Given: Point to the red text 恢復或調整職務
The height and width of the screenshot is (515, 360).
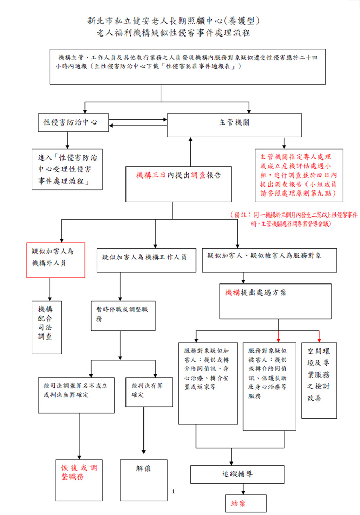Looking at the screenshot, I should coord(79,472).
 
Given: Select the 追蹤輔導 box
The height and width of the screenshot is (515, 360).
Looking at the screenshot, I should coord(230,473).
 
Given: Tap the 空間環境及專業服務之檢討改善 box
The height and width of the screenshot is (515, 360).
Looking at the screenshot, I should coord(319,380).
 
